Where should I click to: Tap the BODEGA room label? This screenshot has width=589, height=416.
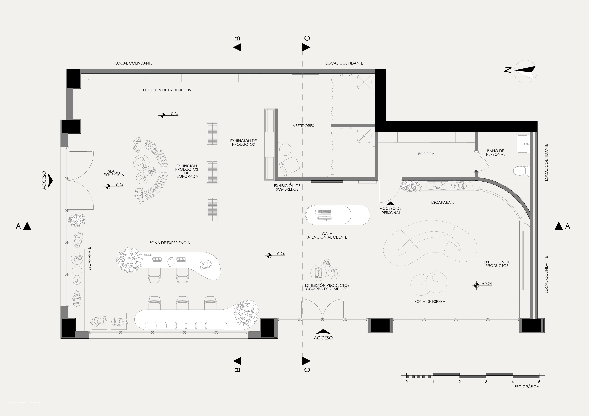(x=426, y=154)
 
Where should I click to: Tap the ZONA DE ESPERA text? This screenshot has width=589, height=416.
(x=430, y=301)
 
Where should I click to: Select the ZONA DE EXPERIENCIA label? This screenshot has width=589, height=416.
(x=170, y=243)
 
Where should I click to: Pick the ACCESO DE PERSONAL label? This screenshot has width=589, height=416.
(x=391, y=211)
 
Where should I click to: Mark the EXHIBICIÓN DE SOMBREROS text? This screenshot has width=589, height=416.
(x=287, y=187)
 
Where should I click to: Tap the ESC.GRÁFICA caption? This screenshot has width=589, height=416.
(x=527, y=387)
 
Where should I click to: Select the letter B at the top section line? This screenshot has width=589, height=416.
(x=238, y=38)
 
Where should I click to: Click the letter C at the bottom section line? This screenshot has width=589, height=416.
(x=307, y=370)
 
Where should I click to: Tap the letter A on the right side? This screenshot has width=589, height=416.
(x=567, y=226)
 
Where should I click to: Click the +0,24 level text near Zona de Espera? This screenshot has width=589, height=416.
(x=487, y=284)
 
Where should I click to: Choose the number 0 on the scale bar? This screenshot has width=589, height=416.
(x=407, y=382)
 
